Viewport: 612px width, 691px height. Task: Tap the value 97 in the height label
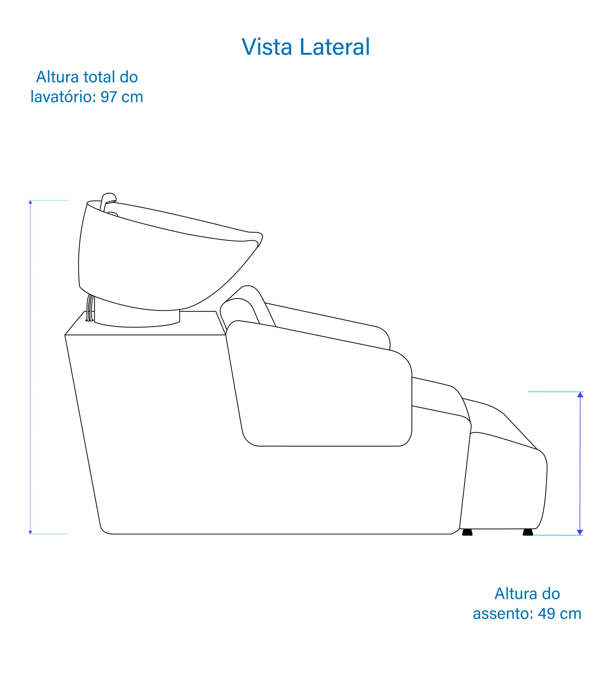point(109,97)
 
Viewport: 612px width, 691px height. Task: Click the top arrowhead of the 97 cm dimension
point(31,202)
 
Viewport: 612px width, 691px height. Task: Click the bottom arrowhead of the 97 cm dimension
point(31,533)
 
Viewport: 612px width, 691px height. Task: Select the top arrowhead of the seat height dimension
point(580,395)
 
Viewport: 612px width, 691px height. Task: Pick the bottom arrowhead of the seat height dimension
point(580,533)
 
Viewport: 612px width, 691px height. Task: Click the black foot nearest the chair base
point(467,533)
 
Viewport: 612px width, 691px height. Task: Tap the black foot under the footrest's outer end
point(528,533)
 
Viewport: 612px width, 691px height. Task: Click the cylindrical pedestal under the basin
point(137,320)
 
